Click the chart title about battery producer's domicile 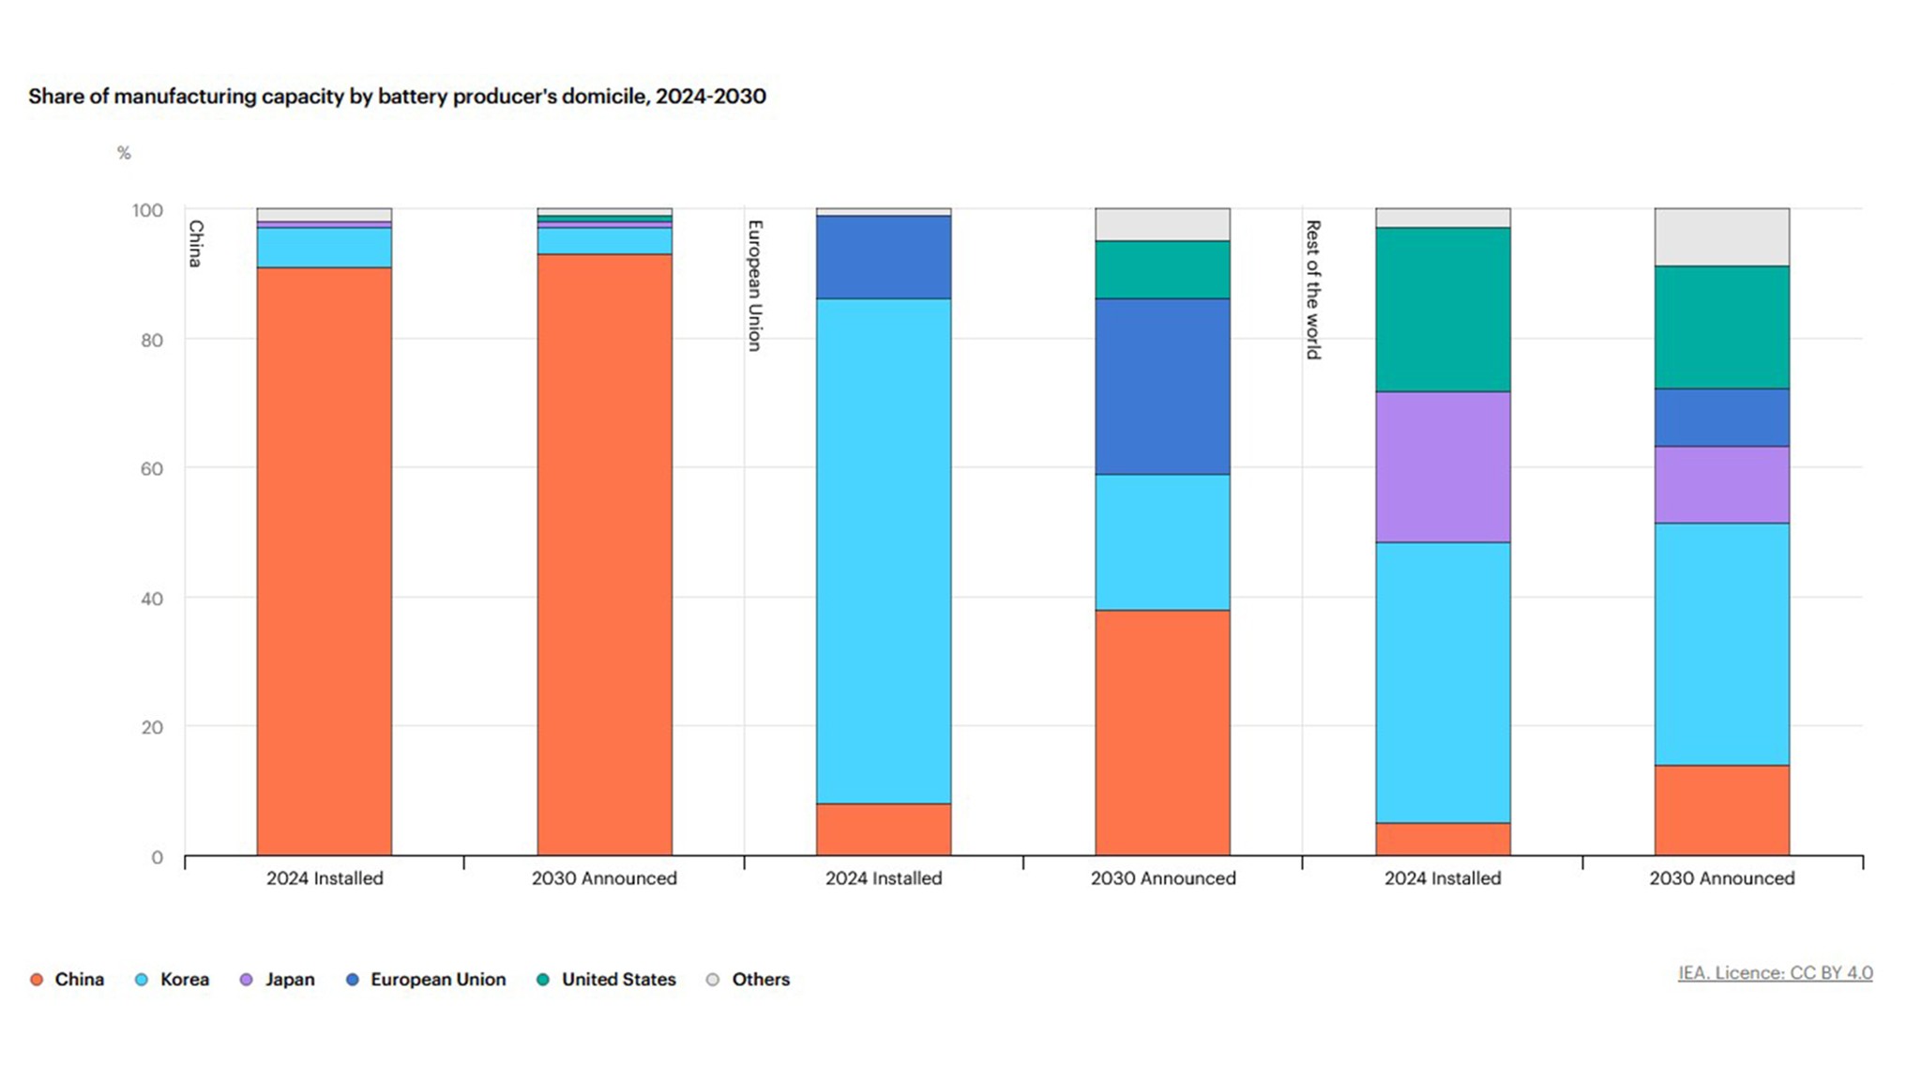(x=397, y=96)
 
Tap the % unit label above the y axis (x=124, y=153)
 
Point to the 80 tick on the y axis (x=151, y=340)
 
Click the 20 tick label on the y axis (x=151, y=727)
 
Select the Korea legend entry (x=183, y=979)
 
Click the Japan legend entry (x=288, y=979)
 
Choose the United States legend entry (x=617, y=979)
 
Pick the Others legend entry (x=760, y=979)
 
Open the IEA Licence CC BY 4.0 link (x=1775, y=973)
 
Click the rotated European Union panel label (x=754, y=285)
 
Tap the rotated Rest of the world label (x=1313, y=289)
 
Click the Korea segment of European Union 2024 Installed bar (x=883, y=551)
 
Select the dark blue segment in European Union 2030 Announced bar (x=1162, y=387)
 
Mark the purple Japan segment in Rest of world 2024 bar (x=1443, y=466)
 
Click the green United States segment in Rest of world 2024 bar (x=1443, y=310)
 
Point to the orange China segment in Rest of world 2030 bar (x=1721, y=810)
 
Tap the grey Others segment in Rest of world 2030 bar (x=1721, y=236)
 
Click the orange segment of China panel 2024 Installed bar (x=324, y=561)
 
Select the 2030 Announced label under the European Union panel (x=1162, y=878)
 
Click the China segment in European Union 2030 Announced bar (x=1162, y=732)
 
